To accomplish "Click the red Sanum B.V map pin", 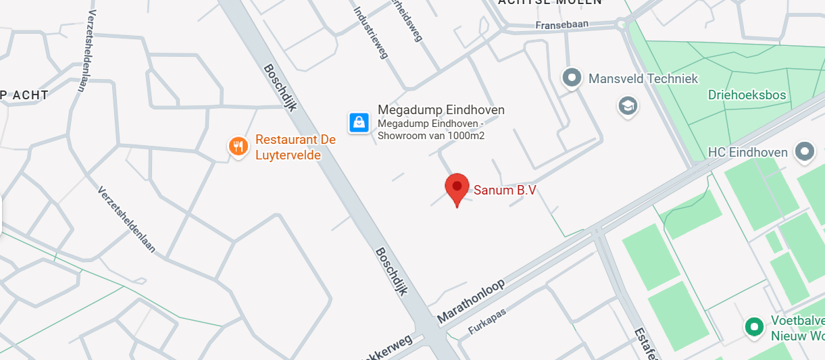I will (457, 187).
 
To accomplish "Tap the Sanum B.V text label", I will (505, 190).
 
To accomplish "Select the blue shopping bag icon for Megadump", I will (359, 122).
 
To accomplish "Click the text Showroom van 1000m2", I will (431, 136).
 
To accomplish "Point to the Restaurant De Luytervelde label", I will (295, 147).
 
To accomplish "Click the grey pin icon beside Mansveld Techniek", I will (572, 78).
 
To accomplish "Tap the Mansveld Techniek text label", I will (643, 79).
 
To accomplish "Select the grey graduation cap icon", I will (628, 106).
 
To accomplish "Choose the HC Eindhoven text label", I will (749, 152).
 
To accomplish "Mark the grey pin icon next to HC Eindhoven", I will (804, 152).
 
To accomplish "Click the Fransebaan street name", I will (561, 25).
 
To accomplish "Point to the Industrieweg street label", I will (371, 32).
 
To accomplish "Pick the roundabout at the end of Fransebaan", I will (621, 25).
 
